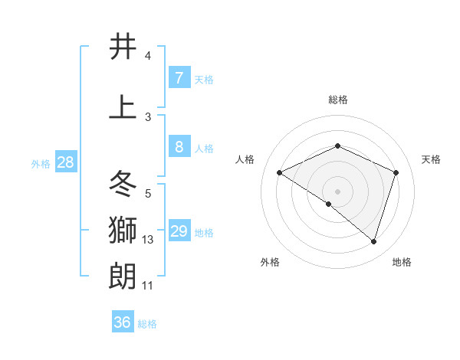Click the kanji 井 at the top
coord(123,47)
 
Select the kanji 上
coord(123,107)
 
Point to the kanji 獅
coord(123,230)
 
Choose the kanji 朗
coord(123,276)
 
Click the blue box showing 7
coord(179,78)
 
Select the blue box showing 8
coord(179,147)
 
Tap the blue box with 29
coord(179,231)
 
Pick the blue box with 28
coord(64,162)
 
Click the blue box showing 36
coord(123,322)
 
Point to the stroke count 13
coord(148,240)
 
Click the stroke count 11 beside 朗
coord(148,286)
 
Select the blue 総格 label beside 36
coord(147,324)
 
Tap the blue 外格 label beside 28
coord(41,163)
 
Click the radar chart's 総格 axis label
coord(337,100)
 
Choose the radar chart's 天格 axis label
coord(431,159)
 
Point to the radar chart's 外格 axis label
coord(270,263)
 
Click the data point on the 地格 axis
coord(373,241)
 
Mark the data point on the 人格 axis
coord(280,173)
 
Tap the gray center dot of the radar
coord(337,191)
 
